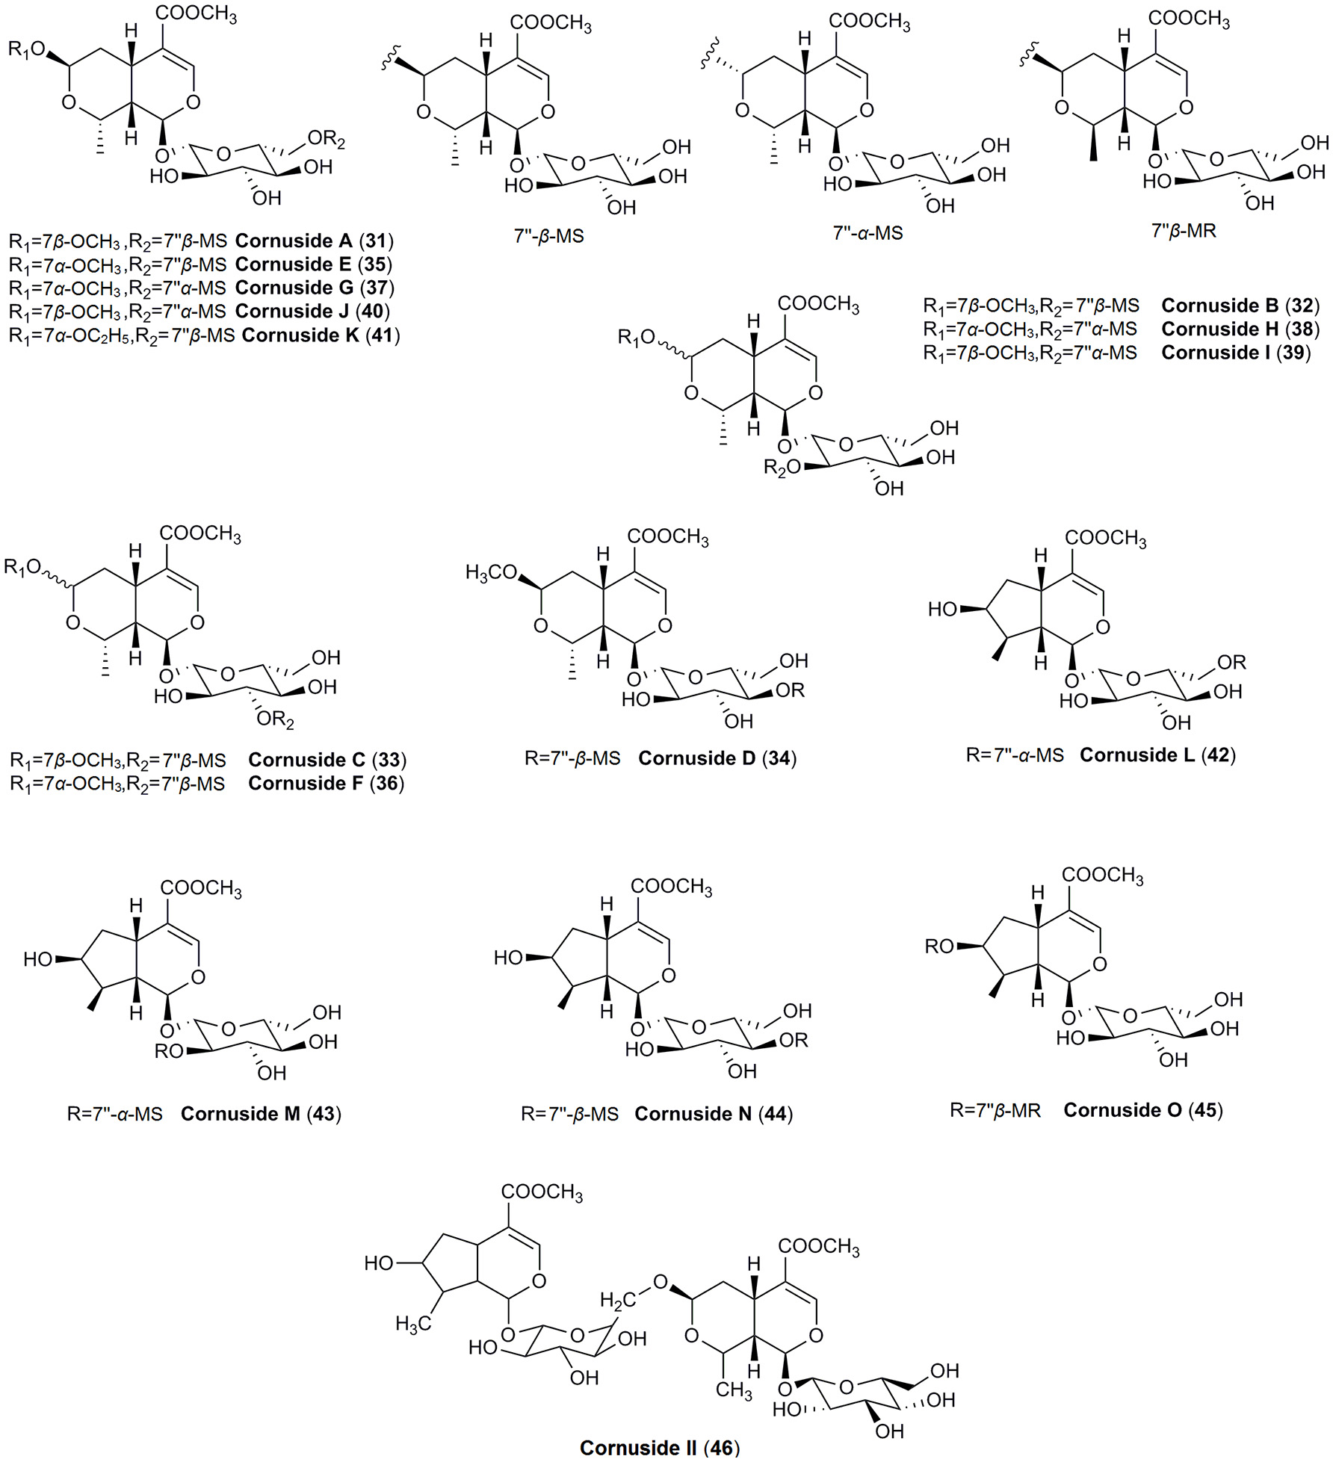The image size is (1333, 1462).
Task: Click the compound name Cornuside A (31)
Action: tap(315, 241)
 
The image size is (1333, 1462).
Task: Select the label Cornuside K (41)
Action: tap(321, 335)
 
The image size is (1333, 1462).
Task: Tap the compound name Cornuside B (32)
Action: tap(1240, 306)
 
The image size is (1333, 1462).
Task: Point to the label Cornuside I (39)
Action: tap(1236, 353)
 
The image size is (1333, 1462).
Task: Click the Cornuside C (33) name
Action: tap(327, 760)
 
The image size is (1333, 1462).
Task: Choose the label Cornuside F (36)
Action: tap(327, 783)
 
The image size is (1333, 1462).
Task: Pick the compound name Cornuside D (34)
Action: tap(717, 758)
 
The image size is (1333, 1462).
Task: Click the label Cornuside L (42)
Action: tap(1157, 755)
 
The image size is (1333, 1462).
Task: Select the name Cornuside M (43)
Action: tap(261, 1114)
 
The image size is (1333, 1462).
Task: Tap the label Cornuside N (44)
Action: tap(714, 1114)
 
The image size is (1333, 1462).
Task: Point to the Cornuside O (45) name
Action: tap(1143, 1110)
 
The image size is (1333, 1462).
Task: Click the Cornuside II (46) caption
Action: tap(659, 1448)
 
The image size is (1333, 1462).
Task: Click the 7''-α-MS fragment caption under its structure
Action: tap(867, 233)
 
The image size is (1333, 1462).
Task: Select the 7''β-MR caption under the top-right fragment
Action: tap(1184, 231)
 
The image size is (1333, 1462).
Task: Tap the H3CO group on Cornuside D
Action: tap(491, 573)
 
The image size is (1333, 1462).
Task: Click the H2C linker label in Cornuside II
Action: tap(617, 1301)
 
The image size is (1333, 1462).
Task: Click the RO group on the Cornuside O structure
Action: tap(939, 947)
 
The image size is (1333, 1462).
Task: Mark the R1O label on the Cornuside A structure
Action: tap(27, 50)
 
